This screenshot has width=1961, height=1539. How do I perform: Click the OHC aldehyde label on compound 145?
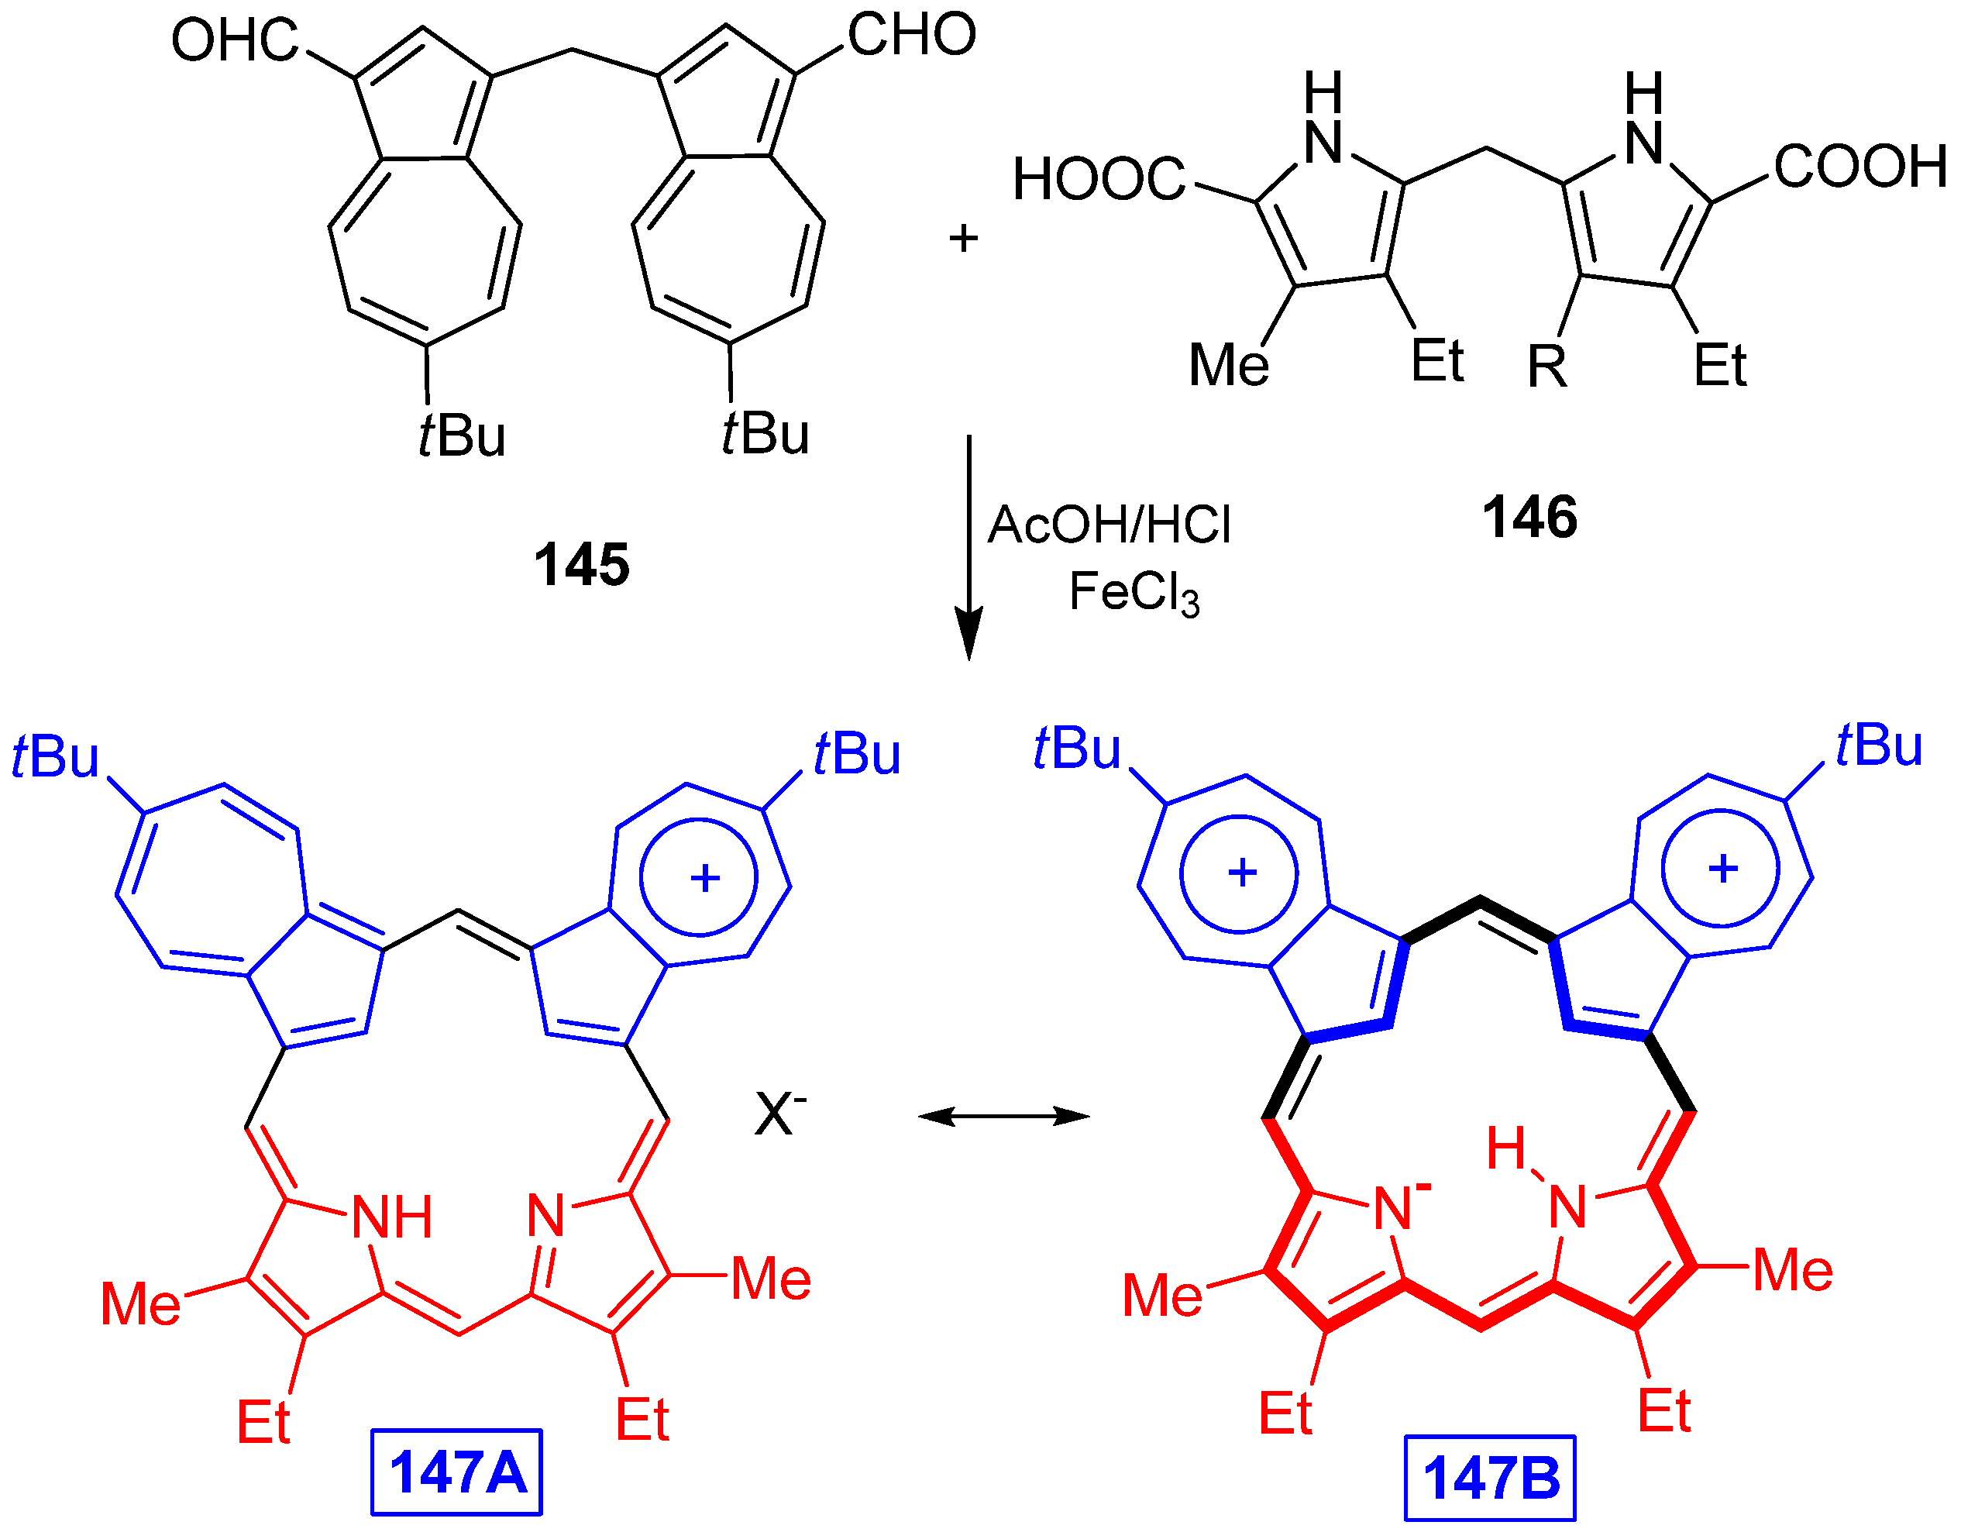pos(234,40)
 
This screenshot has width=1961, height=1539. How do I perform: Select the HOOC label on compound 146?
pos(1099,178)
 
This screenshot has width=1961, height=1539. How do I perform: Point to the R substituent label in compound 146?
pos(1547,367)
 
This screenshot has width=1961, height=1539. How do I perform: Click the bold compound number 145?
pos(581,565)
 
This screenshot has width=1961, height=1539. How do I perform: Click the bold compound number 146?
pos(1529,517)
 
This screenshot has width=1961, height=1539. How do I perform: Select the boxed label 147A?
pos(456,1472)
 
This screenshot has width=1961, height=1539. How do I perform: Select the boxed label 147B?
pos(1490,1478)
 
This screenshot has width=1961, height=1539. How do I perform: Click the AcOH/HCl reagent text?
pos(1109,525)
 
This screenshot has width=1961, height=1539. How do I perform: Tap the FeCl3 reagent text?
pos(1134,593)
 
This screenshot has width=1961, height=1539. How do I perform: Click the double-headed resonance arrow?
pos(1003,1117)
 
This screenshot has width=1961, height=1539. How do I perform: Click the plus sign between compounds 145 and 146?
pos(963,239)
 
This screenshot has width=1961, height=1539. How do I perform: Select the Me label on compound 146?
pos(1229,365)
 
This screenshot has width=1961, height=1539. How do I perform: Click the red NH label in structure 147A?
pos(392,1217)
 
